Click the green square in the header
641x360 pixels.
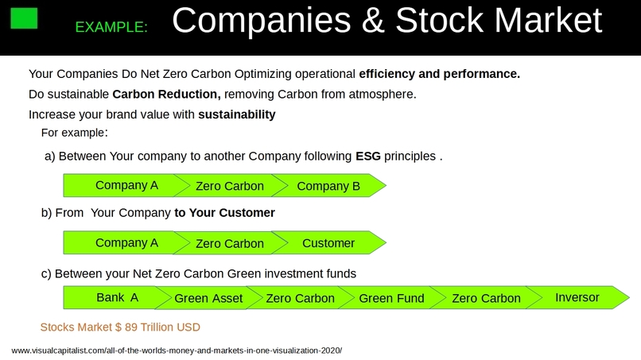coord(25,17)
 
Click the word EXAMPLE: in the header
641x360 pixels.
coord(111,27)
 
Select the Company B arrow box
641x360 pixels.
coord(328,186)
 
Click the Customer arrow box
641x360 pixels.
coord(328,242)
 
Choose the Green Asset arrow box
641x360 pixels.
coord(208,298)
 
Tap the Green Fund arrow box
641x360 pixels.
coord(391,298)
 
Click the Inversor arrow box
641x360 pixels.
coord(577,297)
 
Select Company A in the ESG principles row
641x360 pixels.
coord(126,186)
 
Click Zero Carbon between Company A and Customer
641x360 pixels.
coord(229,243)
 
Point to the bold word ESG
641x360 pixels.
coord(367,156)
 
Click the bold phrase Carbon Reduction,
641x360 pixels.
coord(172,94)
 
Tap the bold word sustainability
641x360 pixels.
coord(236,114)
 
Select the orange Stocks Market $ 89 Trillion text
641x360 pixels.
coord(120,327)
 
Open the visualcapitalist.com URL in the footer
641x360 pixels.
coord(177,350)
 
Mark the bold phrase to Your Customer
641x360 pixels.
coord(224,213)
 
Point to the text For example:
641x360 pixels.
coord(74,132)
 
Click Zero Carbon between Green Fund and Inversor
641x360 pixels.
coord(486,298)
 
